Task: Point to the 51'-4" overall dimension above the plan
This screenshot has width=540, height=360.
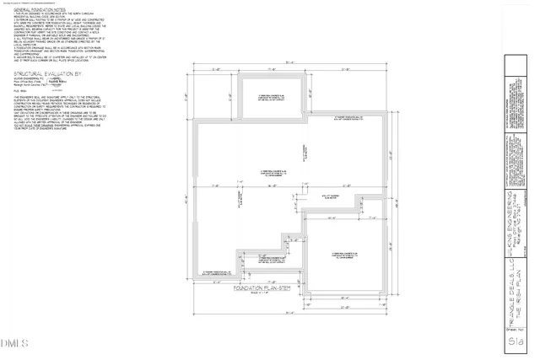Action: coord(290,61)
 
